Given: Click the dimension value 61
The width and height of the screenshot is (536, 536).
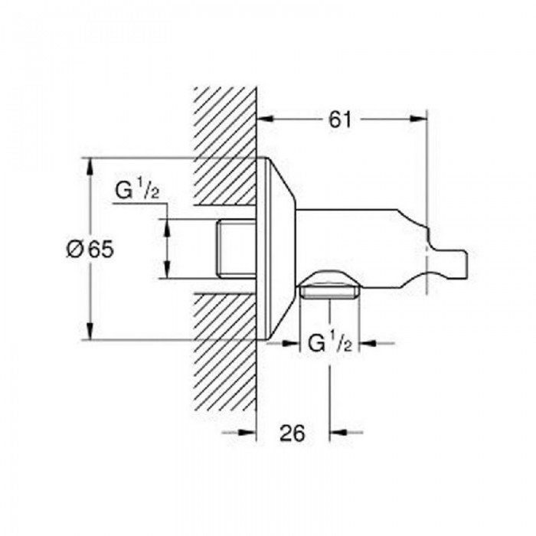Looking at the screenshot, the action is tap(340, 119).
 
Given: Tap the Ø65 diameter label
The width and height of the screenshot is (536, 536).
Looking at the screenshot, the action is tap(90, 249).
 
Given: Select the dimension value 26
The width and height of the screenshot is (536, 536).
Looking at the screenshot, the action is tap(293, 433).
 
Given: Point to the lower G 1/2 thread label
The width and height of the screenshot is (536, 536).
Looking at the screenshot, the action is tap(330, 343).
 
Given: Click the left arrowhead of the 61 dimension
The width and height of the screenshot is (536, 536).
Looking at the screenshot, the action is tap(266, 119).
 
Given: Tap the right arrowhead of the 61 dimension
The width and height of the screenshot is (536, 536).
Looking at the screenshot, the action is tap(418, 119).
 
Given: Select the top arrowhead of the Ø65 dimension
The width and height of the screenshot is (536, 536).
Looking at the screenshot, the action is tap(90, 166).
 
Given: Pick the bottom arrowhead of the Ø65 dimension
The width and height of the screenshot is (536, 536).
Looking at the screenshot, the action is tap(90, 331).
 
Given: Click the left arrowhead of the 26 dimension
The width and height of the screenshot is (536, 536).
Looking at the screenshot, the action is tap(247, 433).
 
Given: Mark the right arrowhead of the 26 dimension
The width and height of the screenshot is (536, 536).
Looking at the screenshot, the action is tap(338, 433).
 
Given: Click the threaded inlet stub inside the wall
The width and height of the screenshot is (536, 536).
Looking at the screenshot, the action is tap(236, 249).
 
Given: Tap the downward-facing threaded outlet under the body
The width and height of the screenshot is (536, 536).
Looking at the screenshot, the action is tap(329, 292).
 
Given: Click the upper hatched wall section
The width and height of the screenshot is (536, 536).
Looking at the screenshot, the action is tap(225, 146).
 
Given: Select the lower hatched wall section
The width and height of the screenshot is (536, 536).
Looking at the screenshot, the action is tap(225, 352).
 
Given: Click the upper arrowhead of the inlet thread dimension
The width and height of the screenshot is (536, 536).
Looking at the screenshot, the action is tap(167, 227).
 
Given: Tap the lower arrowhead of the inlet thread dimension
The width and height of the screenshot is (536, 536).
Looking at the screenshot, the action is tap(167, 270).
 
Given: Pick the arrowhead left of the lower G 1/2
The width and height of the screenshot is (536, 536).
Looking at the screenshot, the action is tap(290, 343).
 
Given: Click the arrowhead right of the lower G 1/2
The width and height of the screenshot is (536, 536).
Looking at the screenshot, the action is tap(368, 343).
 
